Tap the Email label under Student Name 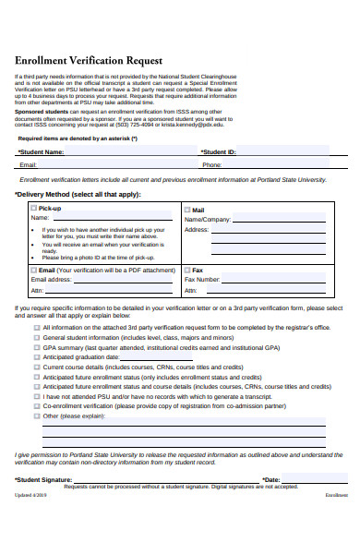(28, 165)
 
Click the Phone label (212, 165)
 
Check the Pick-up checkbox (34, 209)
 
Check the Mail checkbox (187, 210)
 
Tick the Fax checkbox (187, 270)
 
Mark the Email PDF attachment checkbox (34, 270)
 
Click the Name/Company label (208, 220)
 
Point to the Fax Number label (202, 279)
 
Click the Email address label (51, 279)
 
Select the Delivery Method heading (78, 195)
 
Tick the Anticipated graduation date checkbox (37, 356)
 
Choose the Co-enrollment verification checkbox (37, 405)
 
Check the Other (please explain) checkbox (37, 415)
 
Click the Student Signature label (43, 480)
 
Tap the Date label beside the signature (270, 480)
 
